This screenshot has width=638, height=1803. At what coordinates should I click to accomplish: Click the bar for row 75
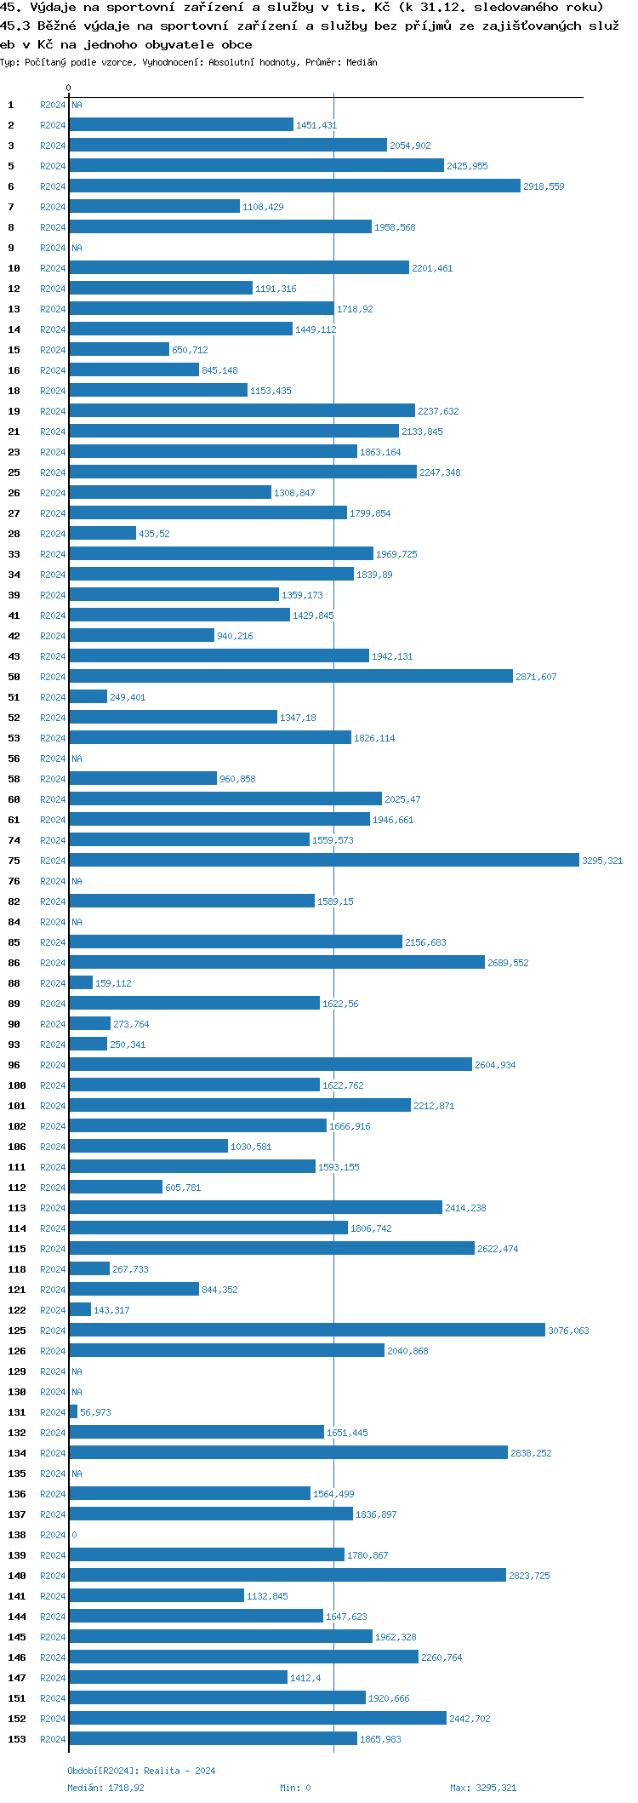(x=323, y=861)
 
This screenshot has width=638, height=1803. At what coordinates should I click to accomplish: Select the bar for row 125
(x=306, y=1331)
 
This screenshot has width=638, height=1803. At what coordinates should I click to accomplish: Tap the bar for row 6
(x=294, y=186)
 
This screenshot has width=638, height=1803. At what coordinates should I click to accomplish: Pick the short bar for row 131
(x=73, y=1412)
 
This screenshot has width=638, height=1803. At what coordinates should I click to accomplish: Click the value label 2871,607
(x=536, y=677)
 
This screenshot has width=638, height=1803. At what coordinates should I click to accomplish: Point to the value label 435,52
(x=154, y=534)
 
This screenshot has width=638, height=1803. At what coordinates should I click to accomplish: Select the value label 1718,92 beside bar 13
(x=355, y=309)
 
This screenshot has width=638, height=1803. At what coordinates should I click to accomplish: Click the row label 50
(x=14, y=677)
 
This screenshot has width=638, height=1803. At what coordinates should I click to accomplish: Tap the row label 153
(x=17, y=1739)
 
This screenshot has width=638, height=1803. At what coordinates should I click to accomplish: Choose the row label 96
(x=14, y=1065)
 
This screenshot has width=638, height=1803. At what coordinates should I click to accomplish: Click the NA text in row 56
(x=77, y=758)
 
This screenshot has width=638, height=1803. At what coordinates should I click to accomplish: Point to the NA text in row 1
(x=77, y=105)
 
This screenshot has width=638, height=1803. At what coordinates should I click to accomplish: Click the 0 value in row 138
(x=74, y=1535)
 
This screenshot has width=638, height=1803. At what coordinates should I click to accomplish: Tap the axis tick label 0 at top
(x=69, y=88)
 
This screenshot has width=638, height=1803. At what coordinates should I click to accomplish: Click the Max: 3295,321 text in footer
(x=483, y=1788)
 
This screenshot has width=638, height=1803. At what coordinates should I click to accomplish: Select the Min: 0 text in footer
(x=295, y=1788)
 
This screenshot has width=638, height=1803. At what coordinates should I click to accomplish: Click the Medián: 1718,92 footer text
(x=105, y=1788)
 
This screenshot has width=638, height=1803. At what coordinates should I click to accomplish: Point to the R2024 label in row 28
(x=53, y=534)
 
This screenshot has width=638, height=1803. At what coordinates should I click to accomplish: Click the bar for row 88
(x=81, y=983)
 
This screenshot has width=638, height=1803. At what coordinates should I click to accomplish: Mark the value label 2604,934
(x=495, y=1065)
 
